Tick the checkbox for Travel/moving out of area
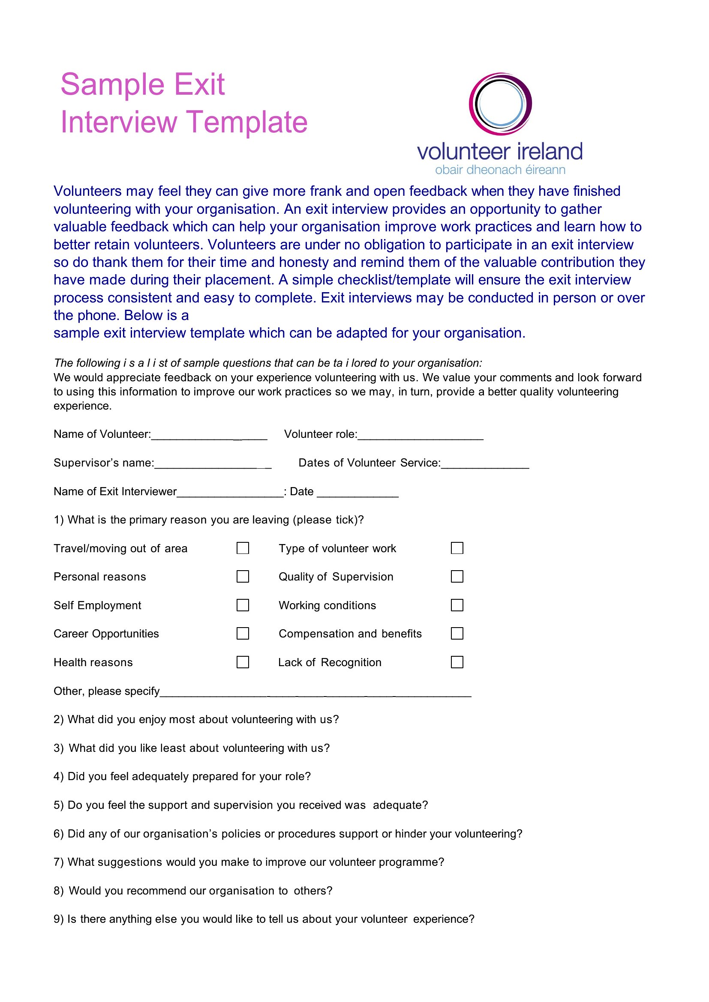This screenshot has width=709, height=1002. pyautogui.click(x=243, y=548)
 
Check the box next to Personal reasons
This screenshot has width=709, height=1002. pyautogui.click(x=243, y=576)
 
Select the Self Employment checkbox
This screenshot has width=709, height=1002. pyautogui.click(x=243, y=605)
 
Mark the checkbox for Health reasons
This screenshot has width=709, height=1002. pyautogui.click(x=243, y=662)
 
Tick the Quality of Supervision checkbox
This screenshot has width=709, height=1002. pyautogui.click(x=457, y=576)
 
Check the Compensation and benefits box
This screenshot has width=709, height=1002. pyautogui.click(x=457, y=633)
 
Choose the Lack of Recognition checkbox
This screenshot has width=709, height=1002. pyautogui.click(x=457, y=662)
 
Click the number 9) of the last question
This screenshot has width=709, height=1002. pyautogui.click(x=58, y=919)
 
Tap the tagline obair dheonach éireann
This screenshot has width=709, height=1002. pyautogui.click(x=500, y=170)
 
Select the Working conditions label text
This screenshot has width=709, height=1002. pyautogui.click(x=327, y=605)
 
